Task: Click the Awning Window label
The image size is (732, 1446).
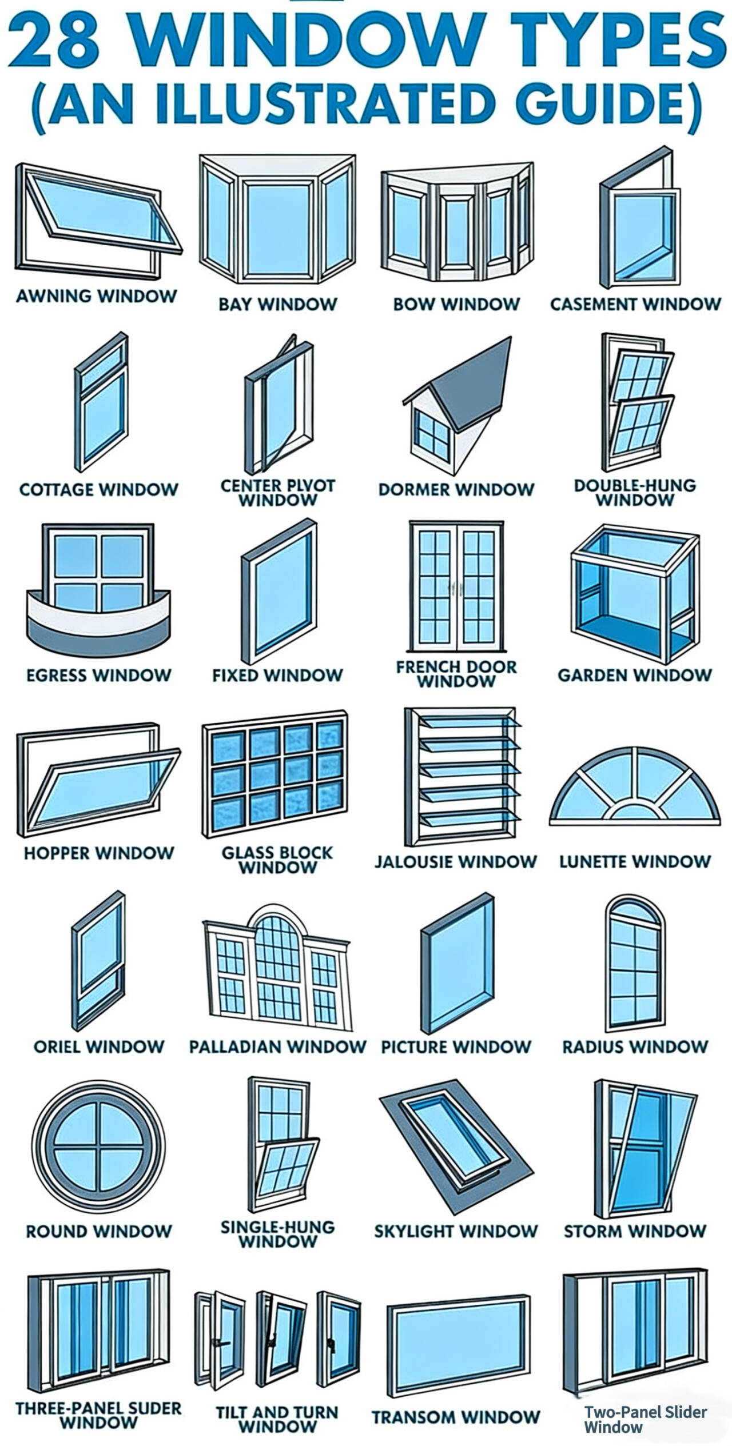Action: point(96,296)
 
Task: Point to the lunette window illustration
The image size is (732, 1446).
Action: point(635,786)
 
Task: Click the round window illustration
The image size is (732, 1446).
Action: point(98,1148)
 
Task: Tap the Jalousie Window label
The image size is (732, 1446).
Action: point(456,861)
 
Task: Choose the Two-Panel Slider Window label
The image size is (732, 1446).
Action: point(645,1419)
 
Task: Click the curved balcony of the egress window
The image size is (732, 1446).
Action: point(98,623)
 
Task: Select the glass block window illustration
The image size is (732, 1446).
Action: point(275,773)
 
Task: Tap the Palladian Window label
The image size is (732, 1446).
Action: point(277,1046)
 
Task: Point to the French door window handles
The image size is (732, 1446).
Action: point(456,586)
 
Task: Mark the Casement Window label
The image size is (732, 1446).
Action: point(635,304)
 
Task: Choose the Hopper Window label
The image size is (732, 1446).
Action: point(98,853)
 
